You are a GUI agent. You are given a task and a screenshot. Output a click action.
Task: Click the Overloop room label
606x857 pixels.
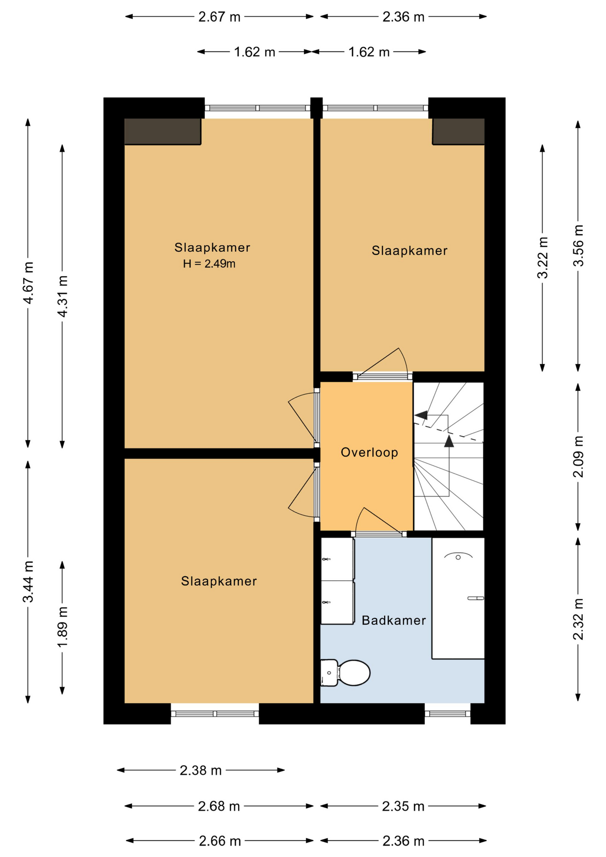tap(369, 453)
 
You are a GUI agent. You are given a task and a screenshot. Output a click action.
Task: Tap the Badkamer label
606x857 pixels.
tap(394, 620)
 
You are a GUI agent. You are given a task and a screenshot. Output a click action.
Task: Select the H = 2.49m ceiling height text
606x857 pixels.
tap(209, 264)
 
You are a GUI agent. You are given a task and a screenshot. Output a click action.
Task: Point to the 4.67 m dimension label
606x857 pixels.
tap(28, 283)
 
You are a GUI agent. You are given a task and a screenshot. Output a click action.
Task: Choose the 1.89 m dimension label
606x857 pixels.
tap(62, 627)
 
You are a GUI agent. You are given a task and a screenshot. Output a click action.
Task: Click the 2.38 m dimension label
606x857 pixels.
tap(201, 770)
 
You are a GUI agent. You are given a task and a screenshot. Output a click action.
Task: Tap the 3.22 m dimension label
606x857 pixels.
tap(543, 258)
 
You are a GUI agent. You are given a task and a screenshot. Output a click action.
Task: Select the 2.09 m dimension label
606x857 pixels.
tap(578, 456)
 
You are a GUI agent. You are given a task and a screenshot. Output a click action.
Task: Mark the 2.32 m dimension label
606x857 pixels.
tap(578, 619)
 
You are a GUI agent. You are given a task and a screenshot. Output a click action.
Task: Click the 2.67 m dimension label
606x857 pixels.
tap(220, 17)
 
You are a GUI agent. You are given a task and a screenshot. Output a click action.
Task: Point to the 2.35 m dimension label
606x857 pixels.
tap(403, 806)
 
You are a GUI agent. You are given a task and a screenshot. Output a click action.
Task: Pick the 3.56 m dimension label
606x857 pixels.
tap(578, 245)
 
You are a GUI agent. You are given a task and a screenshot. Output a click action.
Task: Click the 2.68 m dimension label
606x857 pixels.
tap(219, 806)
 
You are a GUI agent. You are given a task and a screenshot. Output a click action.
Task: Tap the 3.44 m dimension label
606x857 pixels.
tap(28, 582)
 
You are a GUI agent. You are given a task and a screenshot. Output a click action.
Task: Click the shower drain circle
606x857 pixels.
tap(458, 557)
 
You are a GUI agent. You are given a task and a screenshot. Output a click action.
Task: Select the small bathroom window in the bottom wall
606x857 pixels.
tap(448, 714)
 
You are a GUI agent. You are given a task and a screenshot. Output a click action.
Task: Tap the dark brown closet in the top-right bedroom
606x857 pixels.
tap(458, 131)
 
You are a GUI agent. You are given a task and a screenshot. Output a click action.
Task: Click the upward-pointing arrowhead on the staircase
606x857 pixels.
tap(449, 441)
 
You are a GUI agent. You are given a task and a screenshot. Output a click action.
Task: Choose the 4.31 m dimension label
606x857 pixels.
tap(62, 296)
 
